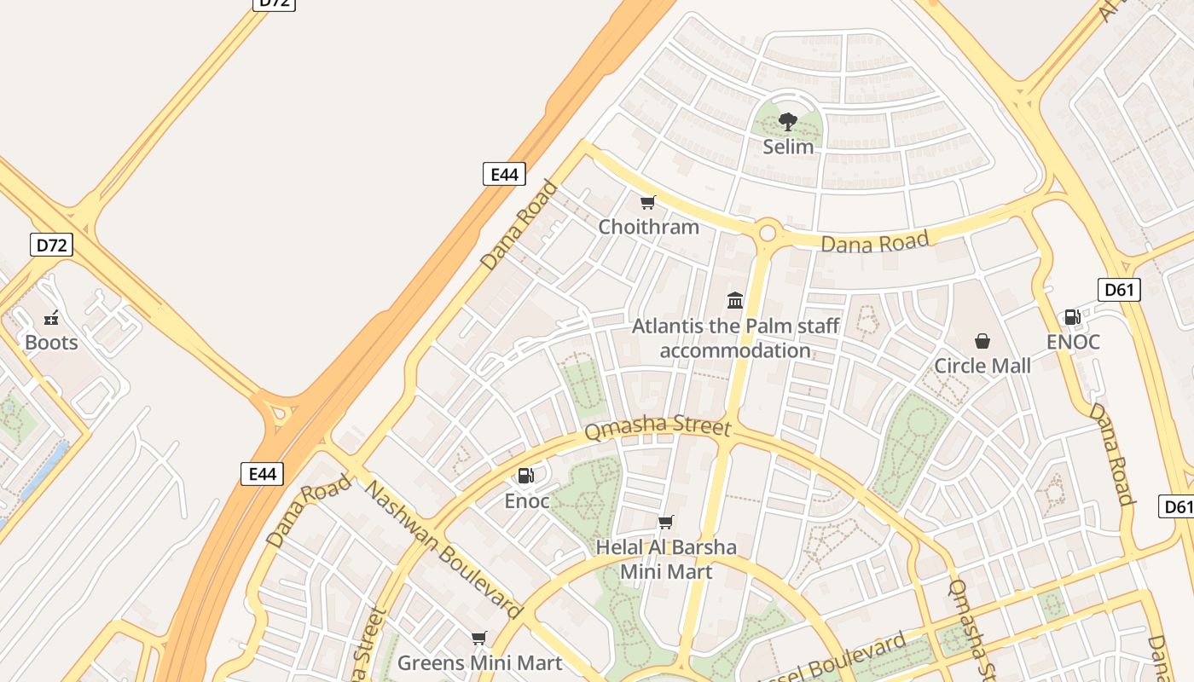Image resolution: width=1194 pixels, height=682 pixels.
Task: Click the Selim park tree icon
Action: click(788, 121)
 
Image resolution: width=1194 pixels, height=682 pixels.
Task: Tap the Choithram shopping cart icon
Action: click(647, 202)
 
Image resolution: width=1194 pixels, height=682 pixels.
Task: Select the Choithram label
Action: click(648, 227)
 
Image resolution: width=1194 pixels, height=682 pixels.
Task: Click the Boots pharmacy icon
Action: click(51, 318)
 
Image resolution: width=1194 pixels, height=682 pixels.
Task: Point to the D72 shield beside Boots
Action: click(51, 246)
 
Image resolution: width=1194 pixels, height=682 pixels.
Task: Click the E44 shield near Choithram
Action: click(504, 175)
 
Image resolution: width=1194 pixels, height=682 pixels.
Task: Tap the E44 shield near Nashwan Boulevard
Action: click(262, 474)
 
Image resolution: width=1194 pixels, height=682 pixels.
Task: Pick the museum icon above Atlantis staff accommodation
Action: click(735, 300)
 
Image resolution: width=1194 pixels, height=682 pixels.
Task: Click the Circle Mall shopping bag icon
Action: click(982, 341)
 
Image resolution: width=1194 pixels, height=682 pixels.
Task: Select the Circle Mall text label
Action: click(982, 366)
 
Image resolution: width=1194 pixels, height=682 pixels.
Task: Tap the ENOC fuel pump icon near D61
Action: click(1072, 317)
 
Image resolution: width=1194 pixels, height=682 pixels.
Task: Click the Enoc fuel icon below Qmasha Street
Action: click(526, 476)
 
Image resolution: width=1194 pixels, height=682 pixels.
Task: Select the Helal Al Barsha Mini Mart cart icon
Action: click(665, 522)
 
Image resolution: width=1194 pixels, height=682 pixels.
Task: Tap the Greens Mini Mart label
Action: click(479, 662)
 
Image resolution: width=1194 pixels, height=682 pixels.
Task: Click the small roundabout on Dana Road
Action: click(767, 232)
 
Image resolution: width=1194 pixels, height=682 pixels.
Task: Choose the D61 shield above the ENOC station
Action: click(1118, 290)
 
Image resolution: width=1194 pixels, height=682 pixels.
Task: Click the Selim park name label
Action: click(788, 147)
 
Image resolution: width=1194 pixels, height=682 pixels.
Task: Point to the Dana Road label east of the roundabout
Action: click(874, 243)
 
